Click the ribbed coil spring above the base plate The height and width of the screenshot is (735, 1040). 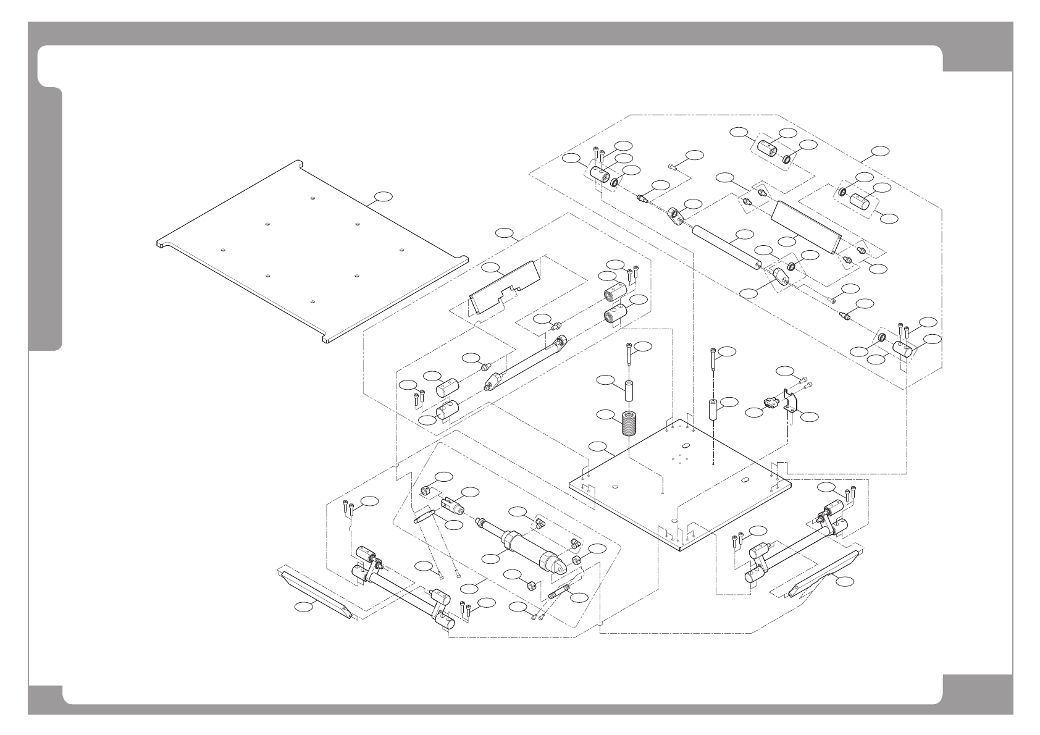click(x=629, y=424)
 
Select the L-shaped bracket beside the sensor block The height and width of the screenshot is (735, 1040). click(x=790, y=401)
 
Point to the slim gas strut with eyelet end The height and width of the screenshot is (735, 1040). click(x=524, y=364)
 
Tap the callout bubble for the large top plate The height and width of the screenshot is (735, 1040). click(x=384, y=197)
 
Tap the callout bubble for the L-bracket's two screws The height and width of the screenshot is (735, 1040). click(x=786, y=371)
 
